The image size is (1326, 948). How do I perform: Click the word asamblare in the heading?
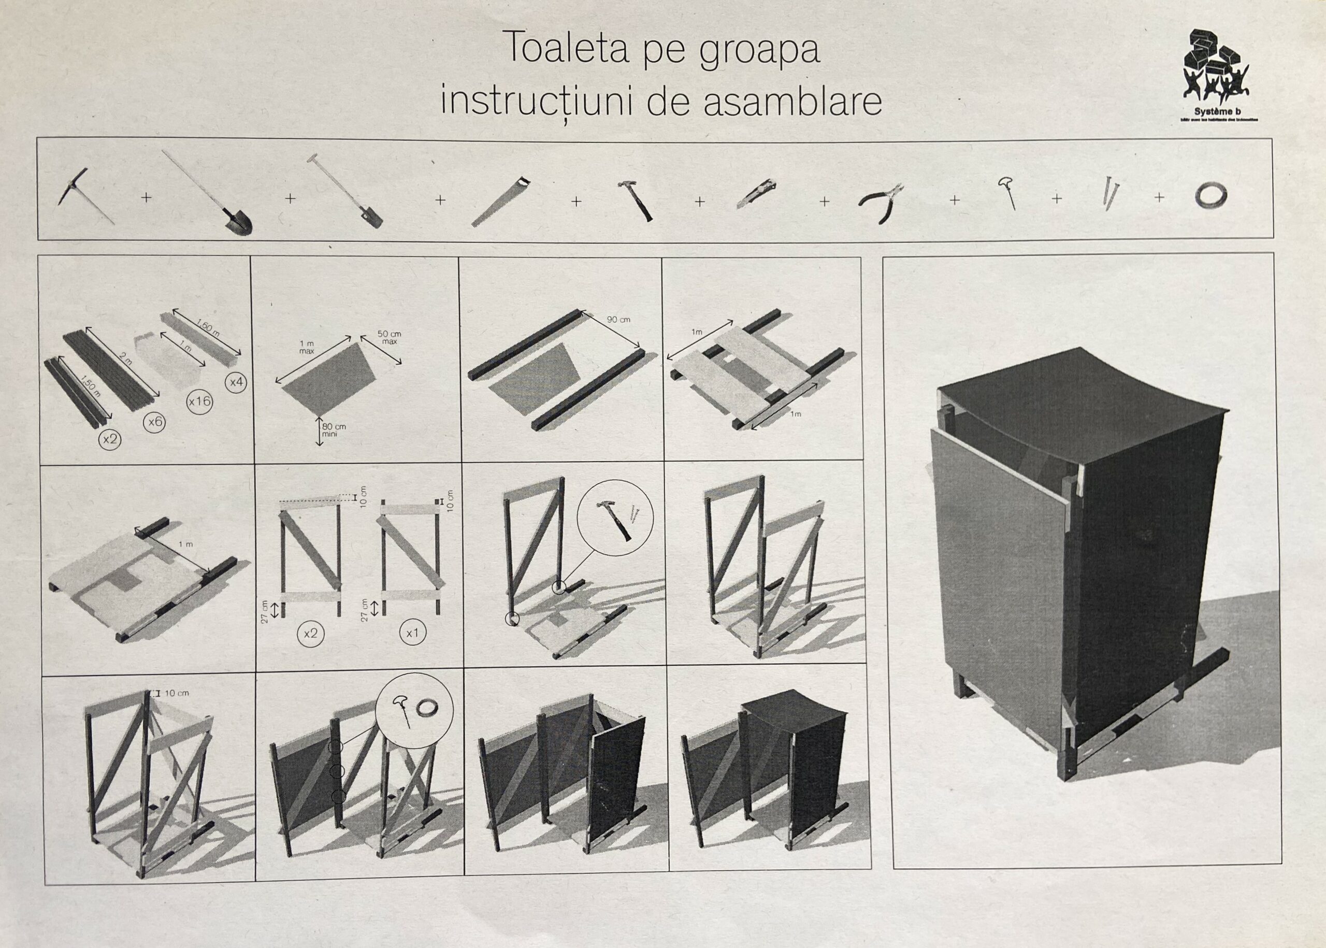pyautogui.click(x=792, y=102)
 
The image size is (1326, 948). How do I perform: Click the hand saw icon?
pyautogui.click(x=501, y=201)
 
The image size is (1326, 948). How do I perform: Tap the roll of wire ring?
pyautogui.click(x=1211, y=195)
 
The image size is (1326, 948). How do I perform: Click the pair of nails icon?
pyautogui.click(x=1107, y=193)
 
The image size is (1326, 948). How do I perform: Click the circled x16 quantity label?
pyautogui.click(x=199, y=402)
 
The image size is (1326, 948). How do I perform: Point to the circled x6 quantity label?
pyautogui.click(x=155, y=422)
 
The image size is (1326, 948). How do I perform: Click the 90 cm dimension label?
pyautogui.click(x=618, y=320)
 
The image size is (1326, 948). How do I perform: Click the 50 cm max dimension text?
pyautogui.click(x=388, y=337)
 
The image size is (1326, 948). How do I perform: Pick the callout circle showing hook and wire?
pyautogui.click(x=414, y=716)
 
